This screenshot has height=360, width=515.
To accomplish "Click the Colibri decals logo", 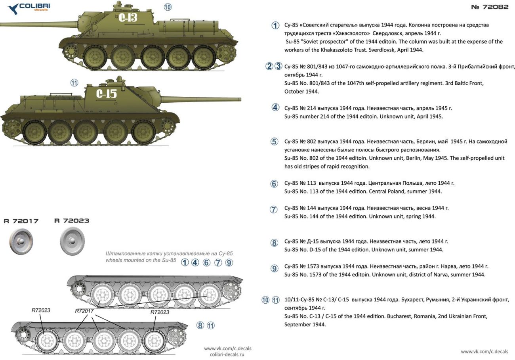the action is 29,8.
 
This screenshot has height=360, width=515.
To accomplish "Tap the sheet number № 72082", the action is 490,7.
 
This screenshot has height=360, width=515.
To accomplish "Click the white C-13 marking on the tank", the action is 128,17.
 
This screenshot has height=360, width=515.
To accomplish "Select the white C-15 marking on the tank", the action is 107,94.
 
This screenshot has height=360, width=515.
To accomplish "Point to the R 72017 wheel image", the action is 21,241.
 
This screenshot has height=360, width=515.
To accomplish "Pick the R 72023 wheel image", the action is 72,241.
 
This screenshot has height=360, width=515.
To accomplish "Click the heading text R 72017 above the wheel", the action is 21,221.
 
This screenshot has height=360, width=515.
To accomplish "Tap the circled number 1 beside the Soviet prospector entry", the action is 275,25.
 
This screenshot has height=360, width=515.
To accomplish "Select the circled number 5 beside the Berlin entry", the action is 274,142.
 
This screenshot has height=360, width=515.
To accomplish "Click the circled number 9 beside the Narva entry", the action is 274,268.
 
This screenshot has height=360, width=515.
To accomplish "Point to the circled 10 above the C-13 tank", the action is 168,7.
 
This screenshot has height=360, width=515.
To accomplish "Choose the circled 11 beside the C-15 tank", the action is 74,83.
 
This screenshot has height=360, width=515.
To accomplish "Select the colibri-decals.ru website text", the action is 227,354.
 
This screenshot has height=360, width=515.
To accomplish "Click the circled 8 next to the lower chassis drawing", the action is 200,325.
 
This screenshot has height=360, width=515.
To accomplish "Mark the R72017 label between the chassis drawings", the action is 84,311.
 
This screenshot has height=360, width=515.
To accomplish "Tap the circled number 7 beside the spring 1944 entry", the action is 273,210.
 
